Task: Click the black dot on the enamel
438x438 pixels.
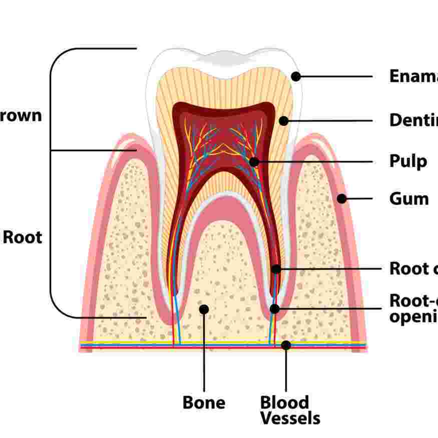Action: pos(296,77)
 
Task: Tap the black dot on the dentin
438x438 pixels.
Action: pos(284,121)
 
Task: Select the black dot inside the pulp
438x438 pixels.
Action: pos(254,162)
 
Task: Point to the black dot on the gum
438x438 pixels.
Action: pos(342,199)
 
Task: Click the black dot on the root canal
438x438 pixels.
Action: pos(276,269)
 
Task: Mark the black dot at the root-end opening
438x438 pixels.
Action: pos(274,308)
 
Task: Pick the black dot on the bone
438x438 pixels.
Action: pos(204,309)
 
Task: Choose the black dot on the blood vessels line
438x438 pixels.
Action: pos(286,345)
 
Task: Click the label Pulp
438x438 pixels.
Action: pos(408,162)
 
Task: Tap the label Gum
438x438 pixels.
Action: pos(409,199)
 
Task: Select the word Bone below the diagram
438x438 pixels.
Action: pos(204,402)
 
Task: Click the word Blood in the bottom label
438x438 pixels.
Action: pos(284,402)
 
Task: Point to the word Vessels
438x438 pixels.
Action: pos(290,418)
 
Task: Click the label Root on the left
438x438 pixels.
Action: pos(23,237)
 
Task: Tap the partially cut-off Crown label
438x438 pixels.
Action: pos(20,116)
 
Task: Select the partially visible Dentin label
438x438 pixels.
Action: pos(413,120)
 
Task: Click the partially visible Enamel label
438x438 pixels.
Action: pos(413,76)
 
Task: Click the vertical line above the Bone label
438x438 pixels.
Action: pos(204,350)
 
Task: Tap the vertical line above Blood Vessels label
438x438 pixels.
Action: pos(286,370)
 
